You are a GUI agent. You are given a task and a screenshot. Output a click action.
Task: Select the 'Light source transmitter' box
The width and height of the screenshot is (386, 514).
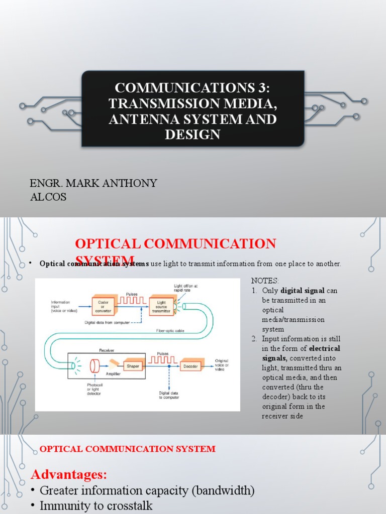pos(161,305)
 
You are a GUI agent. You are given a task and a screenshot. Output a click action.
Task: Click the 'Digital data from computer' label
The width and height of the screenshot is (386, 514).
pos(111,323)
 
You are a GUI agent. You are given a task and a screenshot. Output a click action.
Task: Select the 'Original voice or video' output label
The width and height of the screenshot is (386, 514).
pos(222,365)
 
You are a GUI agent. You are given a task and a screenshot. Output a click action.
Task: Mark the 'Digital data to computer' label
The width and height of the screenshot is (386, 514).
pos(169,396)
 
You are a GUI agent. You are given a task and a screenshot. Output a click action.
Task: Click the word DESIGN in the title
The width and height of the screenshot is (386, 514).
pos(193,135)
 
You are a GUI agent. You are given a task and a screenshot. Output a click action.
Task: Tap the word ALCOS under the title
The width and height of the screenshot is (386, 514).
pos(48,197)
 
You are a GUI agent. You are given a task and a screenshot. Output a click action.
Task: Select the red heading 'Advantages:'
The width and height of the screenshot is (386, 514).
pos(69,474)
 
